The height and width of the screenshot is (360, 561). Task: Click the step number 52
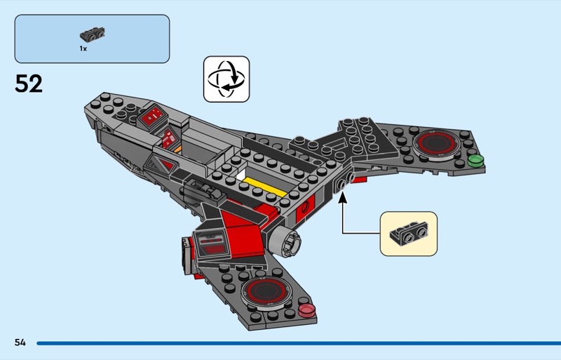click(x=29, y=84)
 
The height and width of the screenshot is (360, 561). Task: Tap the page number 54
click(x=19, y=342)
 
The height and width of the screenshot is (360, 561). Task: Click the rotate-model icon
click(x=227, y=79)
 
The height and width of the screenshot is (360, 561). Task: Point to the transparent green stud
click(x=476, y=160)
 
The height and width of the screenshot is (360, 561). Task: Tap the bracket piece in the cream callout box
click(x=408, y=232)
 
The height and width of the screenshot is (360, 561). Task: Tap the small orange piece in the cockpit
click(x=178, y=149)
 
